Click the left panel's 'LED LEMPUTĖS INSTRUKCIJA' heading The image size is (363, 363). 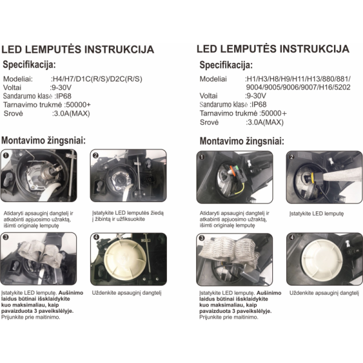click(78, 50)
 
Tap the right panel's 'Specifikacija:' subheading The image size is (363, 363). click(226, 65)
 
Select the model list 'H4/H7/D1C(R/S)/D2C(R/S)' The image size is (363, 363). click(97, 79)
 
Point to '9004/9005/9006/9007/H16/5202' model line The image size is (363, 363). click(298, 87)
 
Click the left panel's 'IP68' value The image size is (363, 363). click(64, 96)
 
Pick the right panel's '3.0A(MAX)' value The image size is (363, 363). click(266, 122)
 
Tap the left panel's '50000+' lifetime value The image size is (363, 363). click(79, 105)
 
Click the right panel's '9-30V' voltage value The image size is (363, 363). click(257, 96)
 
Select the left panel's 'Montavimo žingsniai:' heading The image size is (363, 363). click(44, 140)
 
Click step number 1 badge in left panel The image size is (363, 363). click(6, 155)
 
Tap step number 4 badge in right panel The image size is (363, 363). click(292, 238)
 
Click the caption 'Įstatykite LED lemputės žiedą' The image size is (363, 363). click(128, 213)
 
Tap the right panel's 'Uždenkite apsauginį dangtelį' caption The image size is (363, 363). click(324, 293)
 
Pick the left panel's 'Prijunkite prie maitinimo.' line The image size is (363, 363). click(31, 317)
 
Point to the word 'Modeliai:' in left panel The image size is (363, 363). click(18, 79)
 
